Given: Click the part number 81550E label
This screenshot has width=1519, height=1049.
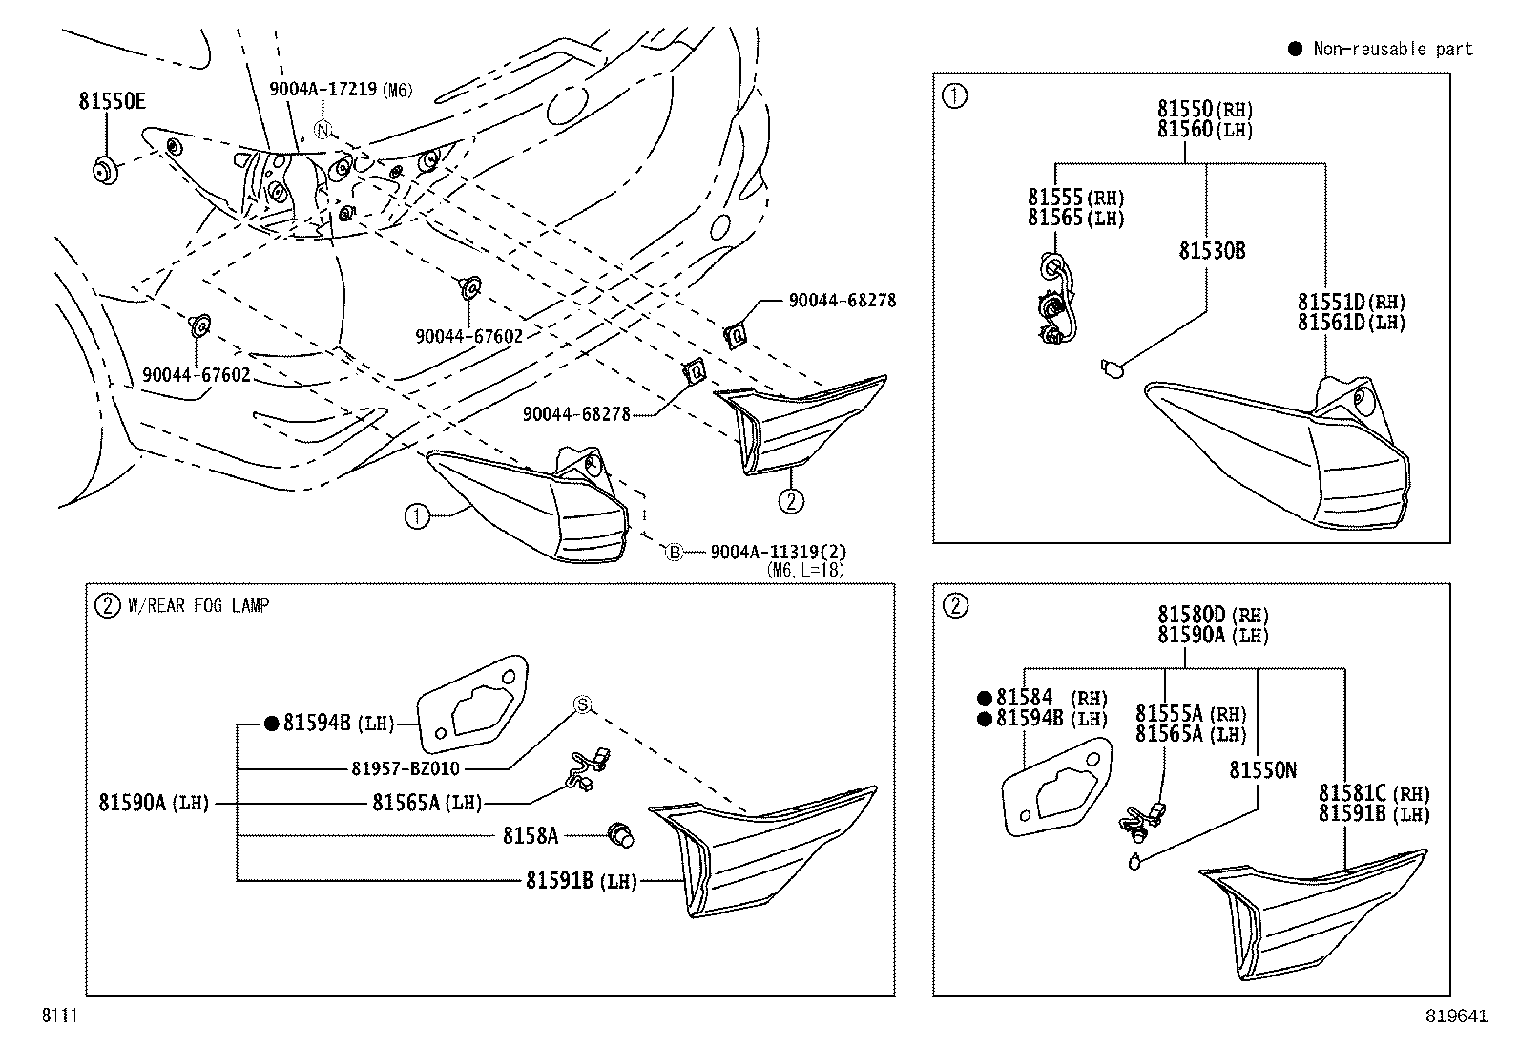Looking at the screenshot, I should pos(112,102).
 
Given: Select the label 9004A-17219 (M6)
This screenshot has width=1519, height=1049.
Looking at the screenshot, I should pos(340,90).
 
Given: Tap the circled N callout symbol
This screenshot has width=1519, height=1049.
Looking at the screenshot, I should pos(323,130).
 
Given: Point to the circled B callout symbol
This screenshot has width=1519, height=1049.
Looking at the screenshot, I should pos(674,552).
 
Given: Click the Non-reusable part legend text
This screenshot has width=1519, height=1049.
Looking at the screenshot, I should pos(1392,49).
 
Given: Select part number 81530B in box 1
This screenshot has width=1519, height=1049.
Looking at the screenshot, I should pos(1212,251).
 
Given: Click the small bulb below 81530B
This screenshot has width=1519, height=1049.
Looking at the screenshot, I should pos(1113,366).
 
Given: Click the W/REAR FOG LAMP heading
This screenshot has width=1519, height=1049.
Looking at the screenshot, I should pos(198,605).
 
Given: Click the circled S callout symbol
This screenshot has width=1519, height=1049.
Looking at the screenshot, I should pos(582,704).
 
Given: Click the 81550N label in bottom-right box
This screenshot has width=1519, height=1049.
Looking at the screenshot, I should pos(1262,770).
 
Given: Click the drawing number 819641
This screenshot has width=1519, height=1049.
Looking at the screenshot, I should pos(1457,1017).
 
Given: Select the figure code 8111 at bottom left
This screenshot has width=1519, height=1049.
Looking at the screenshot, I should pos(58,1017).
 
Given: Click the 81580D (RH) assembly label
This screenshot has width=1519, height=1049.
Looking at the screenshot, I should pos(1213,615).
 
